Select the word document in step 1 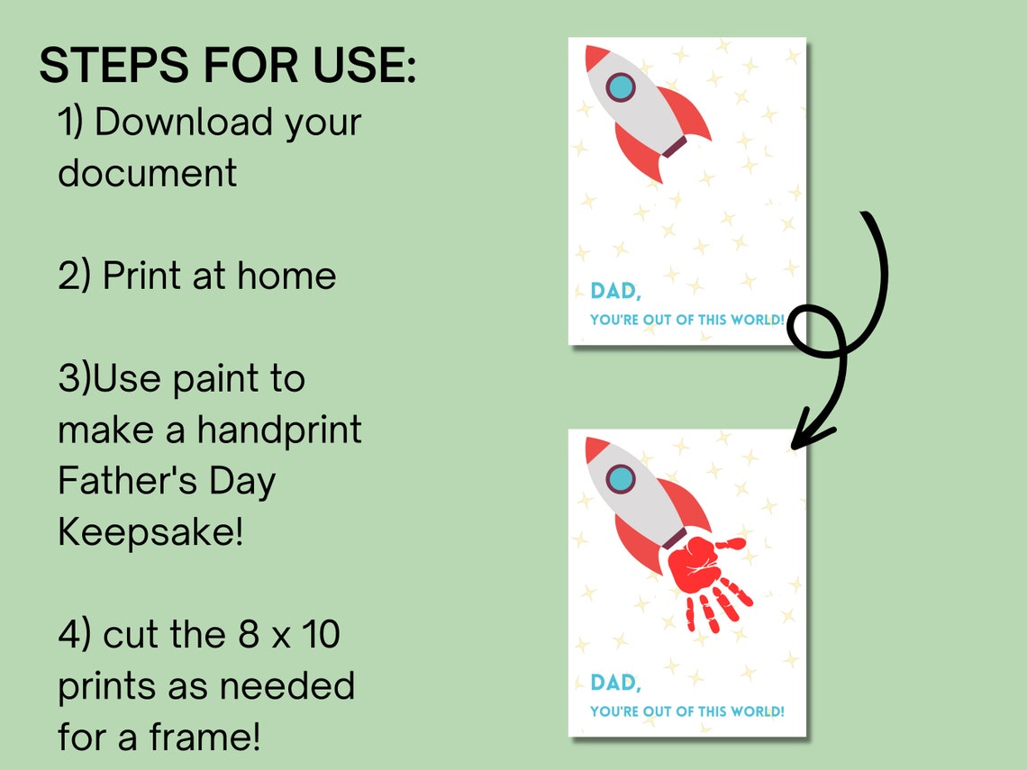tap(147, 172)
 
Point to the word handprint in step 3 tap(279, 430)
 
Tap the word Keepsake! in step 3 tap(150, 532)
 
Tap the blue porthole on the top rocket tap(621, 87)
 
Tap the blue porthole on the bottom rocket tap(621, 478)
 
